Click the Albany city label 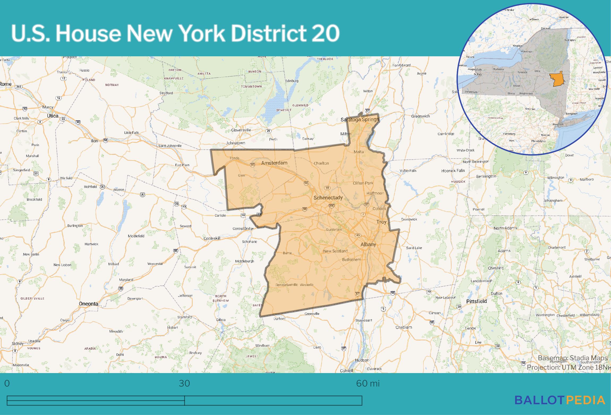368,244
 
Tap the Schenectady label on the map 328,198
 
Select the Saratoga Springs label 360,119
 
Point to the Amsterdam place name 274,163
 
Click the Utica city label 53,116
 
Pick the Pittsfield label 477,301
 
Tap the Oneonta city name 88,303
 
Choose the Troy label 381,222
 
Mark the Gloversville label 241,130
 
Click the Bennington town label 486,176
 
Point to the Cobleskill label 212,238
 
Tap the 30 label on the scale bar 184,383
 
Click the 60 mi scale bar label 368,383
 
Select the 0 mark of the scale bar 7,383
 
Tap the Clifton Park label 363,183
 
